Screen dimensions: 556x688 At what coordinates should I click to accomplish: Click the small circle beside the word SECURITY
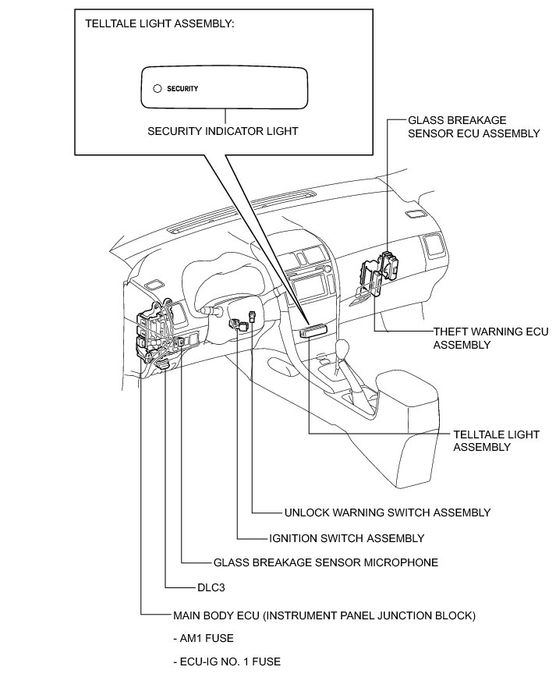click(158, 89)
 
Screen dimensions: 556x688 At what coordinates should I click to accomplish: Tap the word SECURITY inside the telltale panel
click(182, 89)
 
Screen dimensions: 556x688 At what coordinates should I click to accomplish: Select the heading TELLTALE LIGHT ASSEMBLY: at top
click(160, 23)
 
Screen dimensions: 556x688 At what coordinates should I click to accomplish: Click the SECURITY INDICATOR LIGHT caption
click(223, 131)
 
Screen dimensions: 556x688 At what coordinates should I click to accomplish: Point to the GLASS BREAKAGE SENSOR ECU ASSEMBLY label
click(473, 127)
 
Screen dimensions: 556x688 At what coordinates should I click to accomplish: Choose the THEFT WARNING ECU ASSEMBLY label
click(490, 338)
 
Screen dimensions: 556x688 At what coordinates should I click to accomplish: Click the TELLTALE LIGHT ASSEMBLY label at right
click(496, 441)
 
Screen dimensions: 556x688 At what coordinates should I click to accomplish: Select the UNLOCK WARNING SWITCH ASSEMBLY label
click(388, 512)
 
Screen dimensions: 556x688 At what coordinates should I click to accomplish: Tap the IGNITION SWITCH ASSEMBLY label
click(346, 538)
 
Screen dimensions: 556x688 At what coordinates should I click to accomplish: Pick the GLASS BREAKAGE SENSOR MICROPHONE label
click(326, 562)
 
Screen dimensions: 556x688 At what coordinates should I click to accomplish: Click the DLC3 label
click(211, 587)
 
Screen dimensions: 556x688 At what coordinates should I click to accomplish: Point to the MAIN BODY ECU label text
click(324, 615)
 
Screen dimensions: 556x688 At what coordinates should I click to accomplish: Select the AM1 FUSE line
click(204, 638)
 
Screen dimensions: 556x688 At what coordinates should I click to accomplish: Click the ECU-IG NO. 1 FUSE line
click(227, 661)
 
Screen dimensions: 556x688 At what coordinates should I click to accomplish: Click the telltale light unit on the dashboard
click(313, 331)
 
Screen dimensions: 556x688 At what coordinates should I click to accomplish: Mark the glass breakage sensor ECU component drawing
click(390, 264)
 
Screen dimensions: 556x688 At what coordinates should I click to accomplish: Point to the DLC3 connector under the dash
click(163, 364)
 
